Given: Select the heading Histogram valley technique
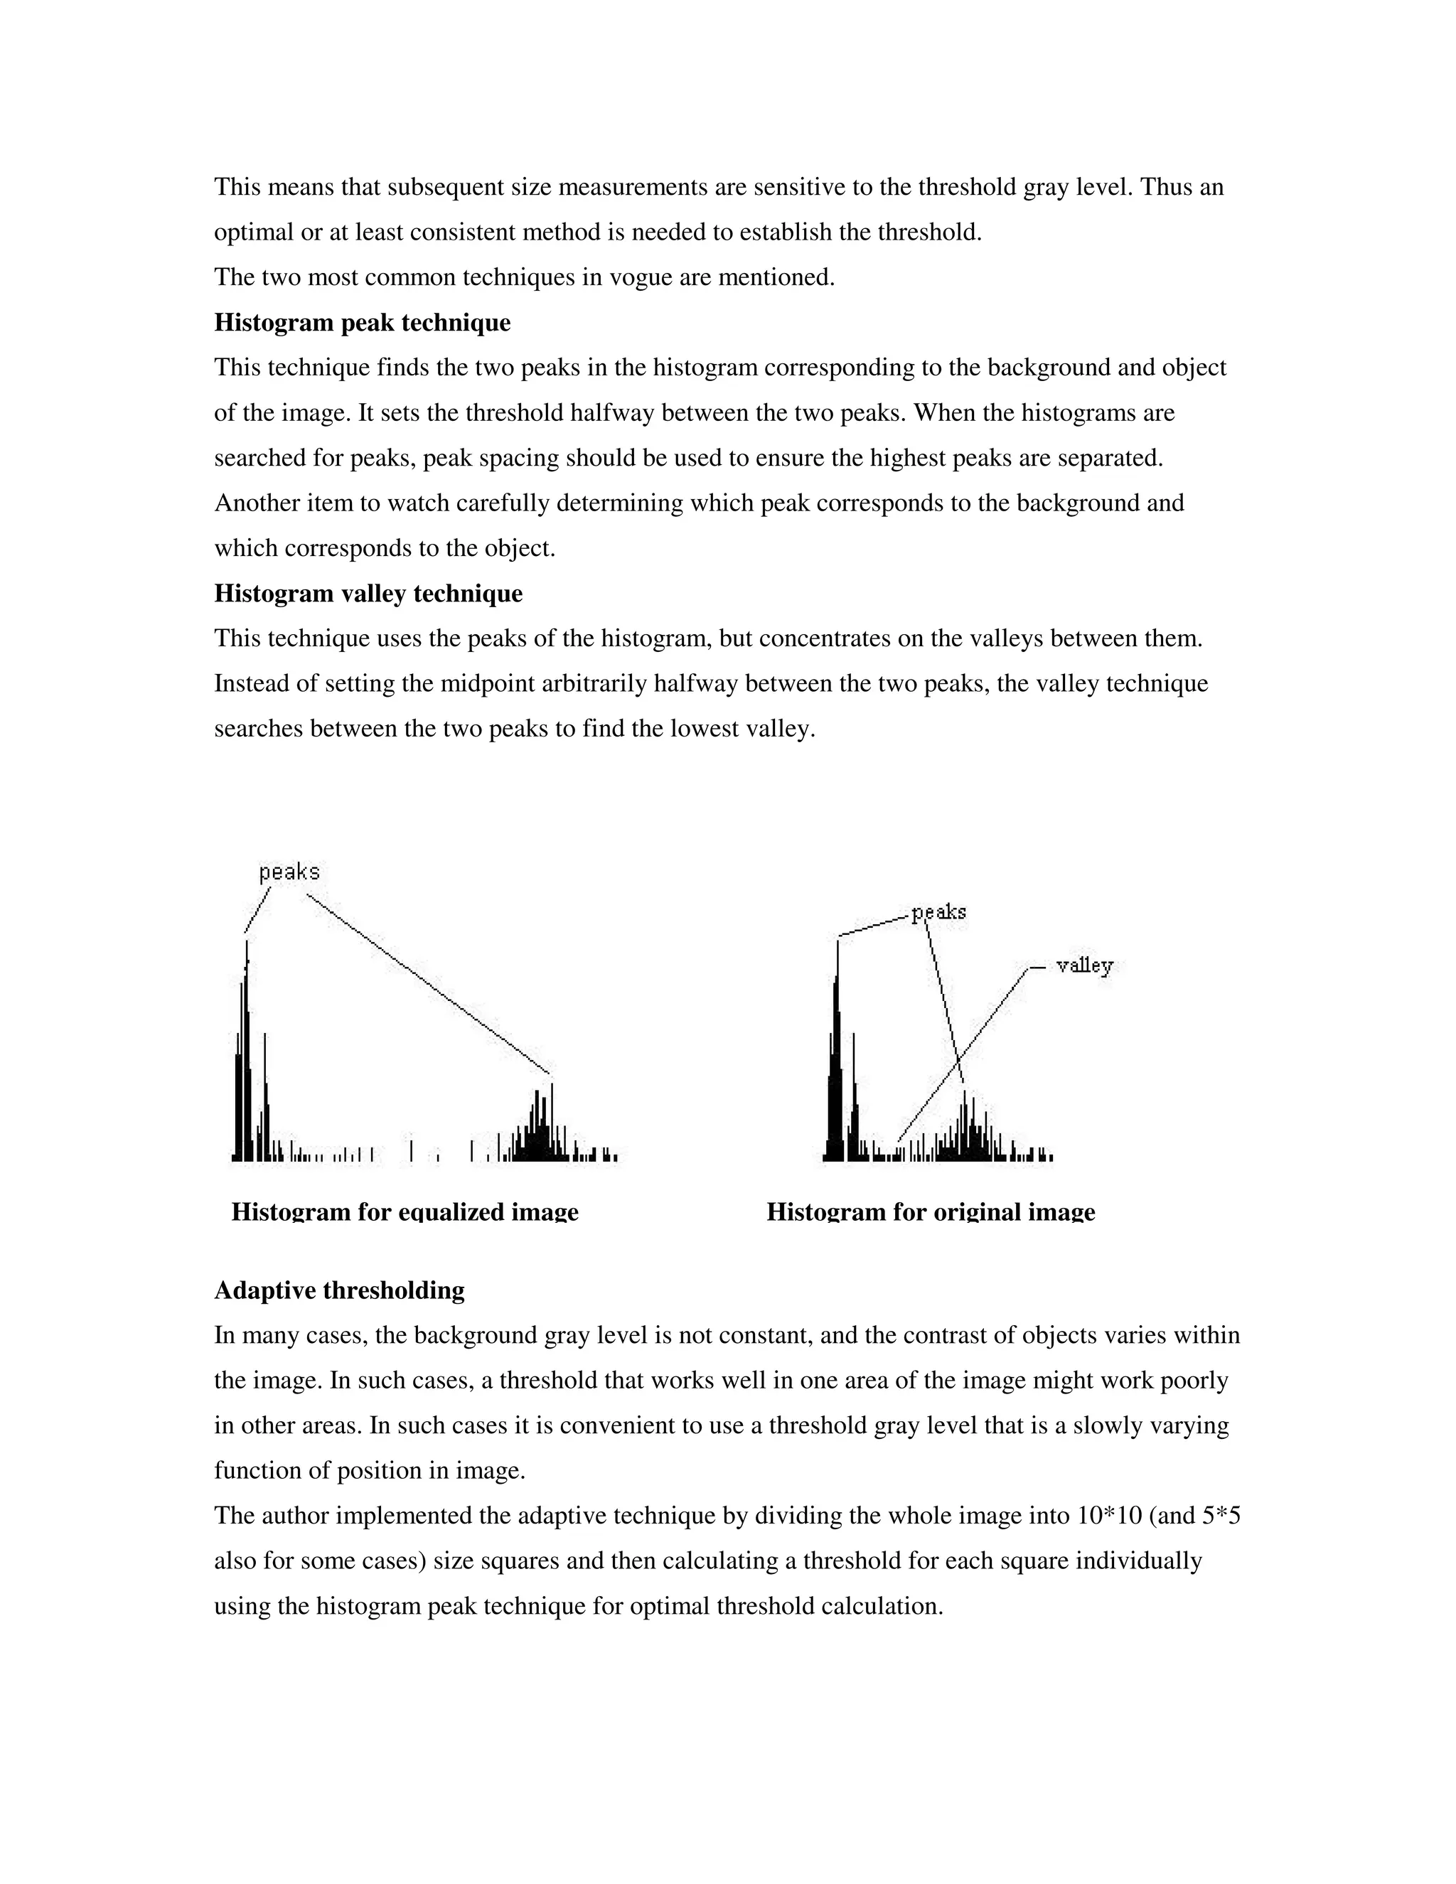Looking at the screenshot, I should [368, 594].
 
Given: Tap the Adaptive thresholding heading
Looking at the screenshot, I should [339, 1290].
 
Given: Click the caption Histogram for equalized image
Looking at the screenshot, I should [405, 1212].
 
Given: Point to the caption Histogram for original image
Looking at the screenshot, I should [930, 1212].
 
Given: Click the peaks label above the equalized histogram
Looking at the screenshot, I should [289, 872].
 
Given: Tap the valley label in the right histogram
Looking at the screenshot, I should [1084, 965].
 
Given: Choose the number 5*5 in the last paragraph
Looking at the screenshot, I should [1221, 1516].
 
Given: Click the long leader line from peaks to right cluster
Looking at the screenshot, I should [427, 983].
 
